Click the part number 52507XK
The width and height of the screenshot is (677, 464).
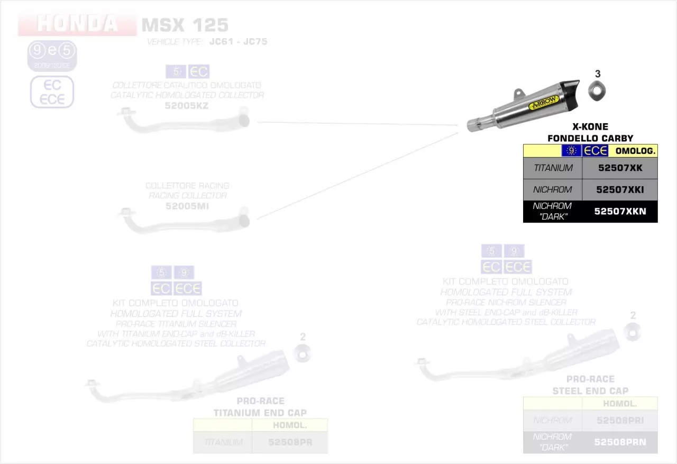pyautogui.click(x=619, y=168)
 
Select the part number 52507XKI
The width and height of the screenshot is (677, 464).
pyautogui.click(x=619, y=190)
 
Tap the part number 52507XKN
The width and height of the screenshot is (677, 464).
pyautogui.click(x=619, y=212)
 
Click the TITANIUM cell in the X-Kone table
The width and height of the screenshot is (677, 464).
pyautogui.click(x=553, y=168)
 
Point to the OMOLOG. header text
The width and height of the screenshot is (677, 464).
pyautogui.click(x=635, y=151)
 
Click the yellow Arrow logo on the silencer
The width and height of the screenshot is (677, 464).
pyautogui.click(x=543, y=103)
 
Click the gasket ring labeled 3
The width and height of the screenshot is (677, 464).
pyautogui.click(x=597, y=92)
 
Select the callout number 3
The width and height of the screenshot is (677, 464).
pyautogui.click(x=598, y=74)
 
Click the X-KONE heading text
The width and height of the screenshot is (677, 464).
pyautogui.click(x=590, y=127)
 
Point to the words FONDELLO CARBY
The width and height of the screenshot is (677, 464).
pyautogui.click(x=590, y=139)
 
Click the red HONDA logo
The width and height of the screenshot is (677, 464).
pyautogui.click(x=77, y=24)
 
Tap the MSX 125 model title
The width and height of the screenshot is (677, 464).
pyautogui.click(x=185, y=25)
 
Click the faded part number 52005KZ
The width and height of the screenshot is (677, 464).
pyautogui.click(x=187, y=106)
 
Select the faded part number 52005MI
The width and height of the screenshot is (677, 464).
pyautogui.click(x=187, y=206)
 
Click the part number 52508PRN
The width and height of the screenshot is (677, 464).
pyautogui.click(x=620, y=442)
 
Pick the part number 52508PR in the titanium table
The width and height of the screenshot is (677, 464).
pyautogui.click(x=290, y=442)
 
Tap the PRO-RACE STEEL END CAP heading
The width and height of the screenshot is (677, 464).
pyautogui.click(x=590, y=385)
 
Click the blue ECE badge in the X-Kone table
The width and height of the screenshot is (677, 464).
pyautogui.click(x=595, y=151)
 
